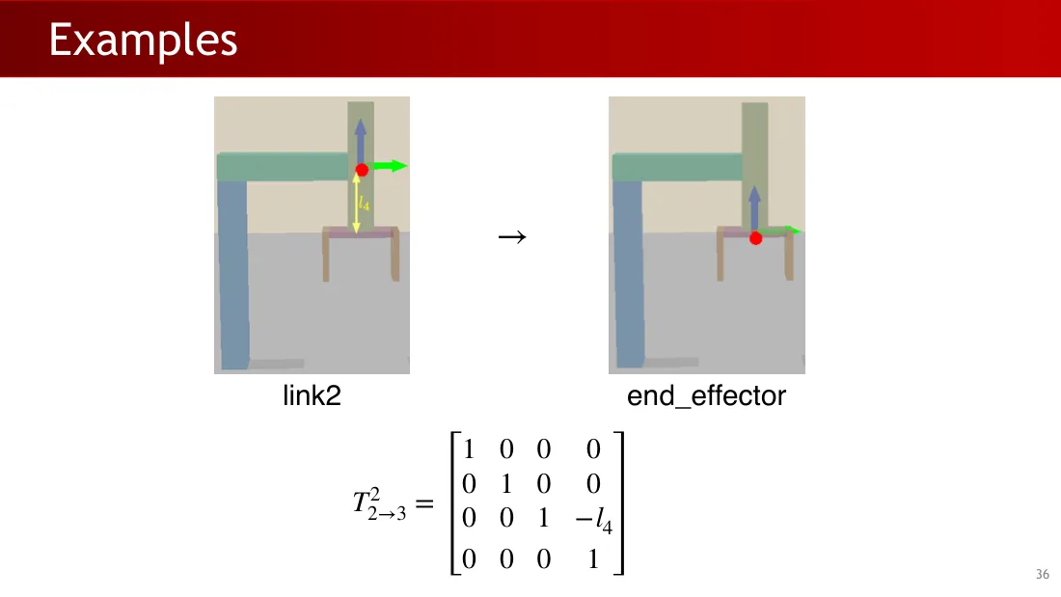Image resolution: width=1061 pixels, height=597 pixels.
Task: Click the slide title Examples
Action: click(x=143, y=40)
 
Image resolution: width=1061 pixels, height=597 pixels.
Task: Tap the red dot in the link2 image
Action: click(x=362, y=170)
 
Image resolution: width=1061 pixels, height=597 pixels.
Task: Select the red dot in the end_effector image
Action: click(x=756, y=238)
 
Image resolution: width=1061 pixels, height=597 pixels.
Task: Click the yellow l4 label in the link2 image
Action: click(x=364, y=204)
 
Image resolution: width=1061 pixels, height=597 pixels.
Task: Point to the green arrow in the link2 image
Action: click(x=390, y=166)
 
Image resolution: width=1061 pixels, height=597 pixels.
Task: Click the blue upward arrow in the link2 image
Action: click(x=360, y=141)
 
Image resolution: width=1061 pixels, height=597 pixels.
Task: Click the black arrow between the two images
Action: click(x=512, y=237)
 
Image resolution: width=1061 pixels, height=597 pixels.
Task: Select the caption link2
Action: click(x=312, y=395)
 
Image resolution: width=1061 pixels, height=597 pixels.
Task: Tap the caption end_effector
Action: click(x=706, y=396)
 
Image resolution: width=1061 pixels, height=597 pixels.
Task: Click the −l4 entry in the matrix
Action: click(x=594, y=520)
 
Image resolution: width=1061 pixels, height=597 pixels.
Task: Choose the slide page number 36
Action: click(x=1042, y=574)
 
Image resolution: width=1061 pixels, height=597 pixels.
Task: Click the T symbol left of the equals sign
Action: click(x=361, y=502)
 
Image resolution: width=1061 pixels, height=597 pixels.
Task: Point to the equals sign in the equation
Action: click(x=424, y=503)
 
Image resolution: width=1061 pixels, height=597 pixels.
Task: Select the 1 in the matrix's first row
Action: click(x=468, y=448)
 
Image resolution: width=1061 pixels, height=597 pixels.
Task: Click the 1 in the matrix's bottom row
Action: click(x=593, y=559)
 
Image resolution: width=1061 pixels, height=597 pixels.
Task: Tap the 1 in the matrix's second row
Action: click(x=506, y=484)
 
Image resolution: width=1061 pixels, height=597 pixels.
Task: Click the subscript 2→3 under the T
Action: click(x=387, y=514)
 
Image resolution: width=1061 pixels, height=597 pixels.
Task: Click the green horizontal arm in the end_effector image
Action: click(x=677, y=167)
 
